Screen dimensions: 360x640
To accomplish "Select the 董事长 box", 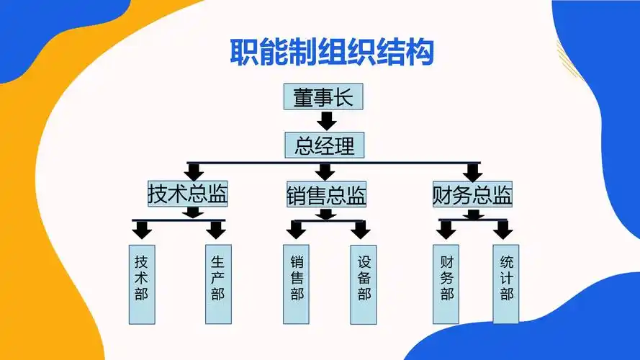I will pos(323,98).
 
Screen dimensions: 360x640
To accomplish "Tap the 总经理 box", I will pos(325,145).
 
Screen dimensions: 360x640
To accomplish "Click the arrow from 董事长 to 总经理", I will pos(327,120).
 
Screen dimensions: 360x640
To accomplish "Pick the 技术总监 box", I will pos(188,194).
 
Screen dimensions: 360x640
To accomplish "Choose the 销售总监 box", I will pos(326,195).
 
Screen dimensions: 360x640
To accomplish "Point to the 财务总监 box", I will pos(472,194).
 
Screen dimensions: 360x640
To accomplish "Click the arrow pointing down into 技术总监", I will pos(194,172).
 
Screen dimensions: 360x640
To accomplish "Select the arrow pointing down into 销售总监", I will pos(326,171).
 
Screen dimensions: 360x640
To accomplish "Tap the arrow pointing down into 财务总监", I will pos(472,172).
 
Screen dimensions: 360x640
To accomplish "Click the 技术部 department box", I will pos(141,284).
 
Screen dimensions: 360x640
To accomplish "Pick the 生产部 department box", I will pos(217,284).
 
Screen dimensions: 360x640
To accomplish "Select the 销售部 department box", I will pos(297,284).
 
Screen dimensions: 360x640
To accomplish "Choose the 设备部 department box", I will pos(364,284).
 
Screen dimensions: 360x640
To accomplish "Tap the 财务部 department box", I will pos(446,284).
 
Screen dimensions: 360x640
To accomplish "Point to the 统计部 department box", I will pos(506,284).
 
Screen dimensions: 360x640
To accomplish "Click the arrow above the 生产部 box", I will pos(216,230).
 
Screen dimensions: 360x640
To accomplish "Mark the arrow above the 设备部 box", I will pos(360,230).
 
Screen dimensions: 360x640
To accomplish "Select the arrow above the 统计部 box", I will pos(502,230).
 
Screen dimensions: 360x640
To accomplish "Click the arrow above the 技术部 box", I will pos(142,230).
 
